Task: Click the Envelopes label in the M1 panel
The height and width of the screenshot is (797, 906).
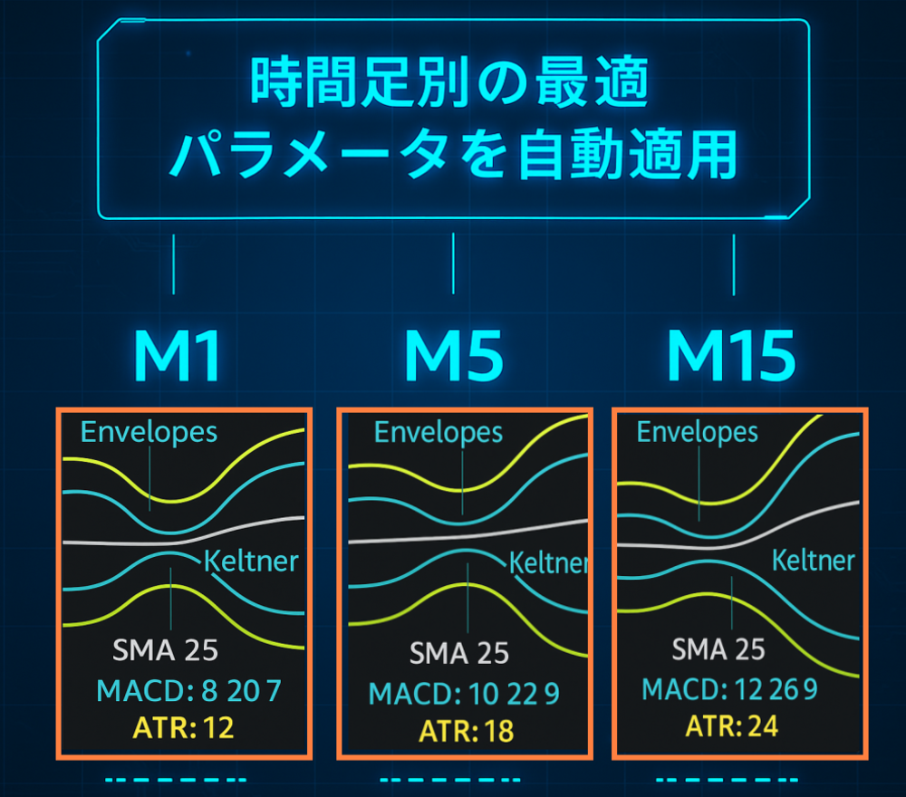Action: point(149,432)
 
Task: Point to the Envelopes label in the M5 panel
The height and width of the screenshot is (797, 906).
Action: point(439,433)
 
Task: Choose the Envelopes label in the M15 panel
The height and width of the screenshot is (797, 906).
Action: point(698,433)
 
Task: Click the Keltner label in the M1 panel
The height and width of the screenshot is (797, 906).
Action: point(251,562)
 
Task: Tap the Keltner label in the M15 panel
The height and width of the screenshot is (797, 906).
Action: point(813,561)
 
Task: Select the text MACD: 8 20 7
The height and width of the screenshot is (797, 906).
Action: point(188,692)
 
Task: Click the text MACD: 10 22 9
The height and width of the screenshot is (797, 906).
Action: point(464,695)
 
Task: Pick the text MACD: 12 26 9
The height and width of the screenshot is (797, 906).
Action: point(730,690)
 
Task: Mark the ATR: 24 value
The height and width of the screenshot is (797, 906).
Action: point(731,726)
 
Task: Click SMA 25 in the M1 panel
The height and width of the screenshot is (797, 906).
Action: point(165,650)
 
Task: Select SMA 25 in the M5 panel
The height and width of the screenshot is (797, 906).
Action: point(459,653)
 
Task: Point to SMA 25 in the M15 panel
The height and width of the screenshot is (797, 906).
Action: point(718,649)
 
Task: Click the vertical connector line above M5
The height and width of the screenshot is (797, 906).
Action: point(453,264)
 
